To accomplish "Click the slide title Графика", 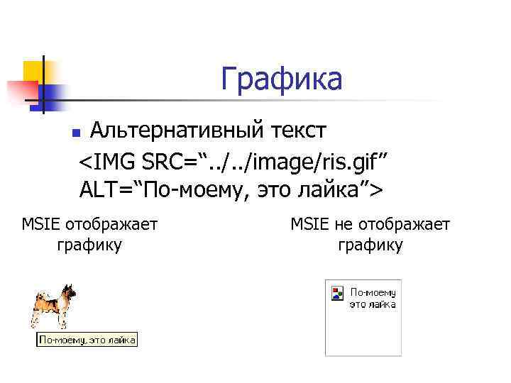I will [281, 79].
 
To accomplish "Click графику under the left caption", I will [89, 245].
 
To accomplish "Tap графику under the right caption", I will [370, 245].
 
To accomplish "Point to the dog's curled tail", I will [35, 298].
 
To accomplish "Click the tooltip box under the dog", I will [87, 340].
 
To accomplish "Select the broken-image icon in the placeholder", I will [337, 292].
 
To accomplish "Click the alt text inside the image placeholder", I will [373, 298].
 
